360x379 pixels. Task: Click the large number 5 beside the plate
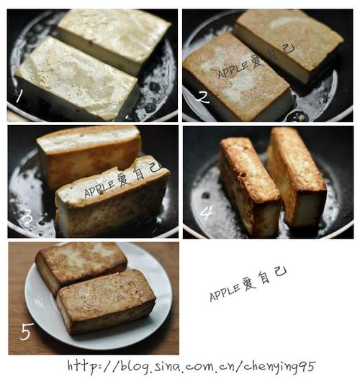tap(26, 332)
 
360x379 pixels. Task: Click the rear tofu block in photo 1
tap(114, 39)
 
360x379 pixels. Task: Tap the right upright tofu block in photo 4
tap(297, 178)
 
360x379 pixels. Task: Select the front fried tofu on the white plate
tap(107, 302)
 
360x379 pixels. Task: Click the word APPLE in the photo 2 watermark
tap(233, 70)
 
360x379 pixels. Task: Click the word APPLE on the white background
tap(225, 293)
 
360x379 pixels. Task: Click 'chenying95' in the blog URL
tap(279, 367)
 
